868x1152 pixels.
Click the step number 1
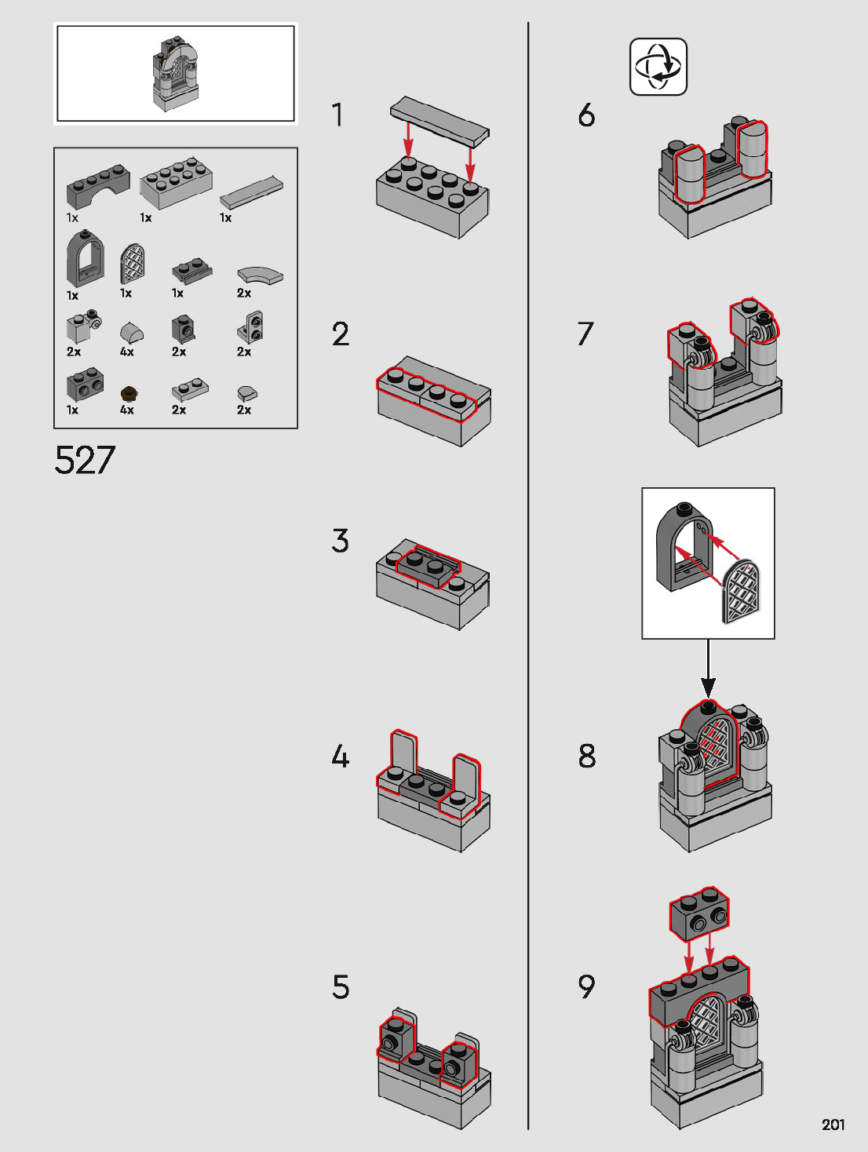(337, 115)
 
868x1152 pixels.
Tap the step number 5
(340, 987)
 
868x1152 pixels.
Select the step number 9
(586, 986)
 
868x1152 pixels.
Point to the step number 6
(586, 115)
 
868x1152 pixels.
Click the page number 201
(833, 1125)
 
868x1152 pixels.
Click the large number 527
(85, 460)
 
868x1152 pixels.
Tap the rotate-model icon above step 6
(658, 67)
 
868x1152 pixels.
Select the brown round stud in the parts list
(128, 392)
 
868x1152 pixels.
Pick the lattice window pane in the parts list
(133, 264)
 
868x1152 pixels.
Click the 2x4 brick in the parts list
(176, 183)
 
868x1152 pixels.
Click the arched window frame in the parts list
(84, 260)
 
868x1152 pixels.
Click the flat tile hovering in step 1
(439, 121)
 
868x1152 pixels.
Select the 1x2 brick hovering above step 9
(698, 913)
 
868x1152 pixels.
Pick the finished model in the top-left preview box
(175, 73)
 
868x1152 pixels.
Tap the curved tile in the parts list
(260, 275)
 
